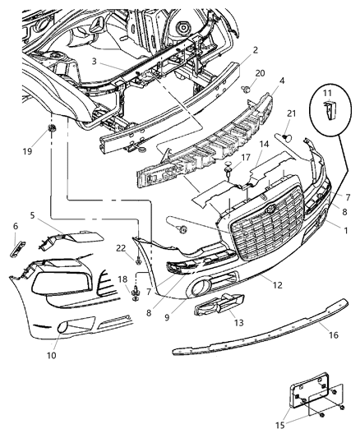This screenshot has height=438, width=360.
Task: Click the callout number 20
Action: click(259, 73)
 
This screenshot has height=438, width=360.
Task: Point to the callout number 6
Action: click(14, 226)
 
